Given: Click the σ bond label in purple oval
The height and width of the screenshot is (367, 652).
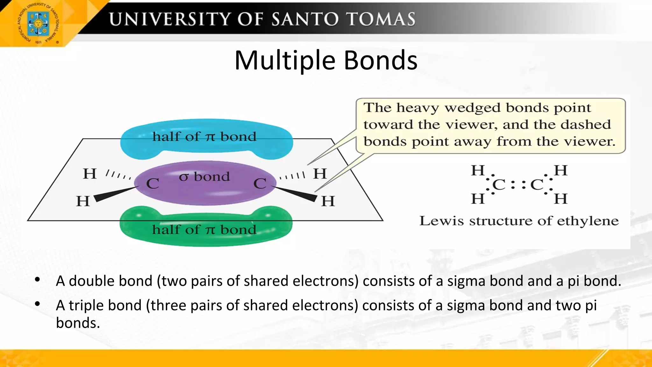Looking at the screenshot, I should [204, 176].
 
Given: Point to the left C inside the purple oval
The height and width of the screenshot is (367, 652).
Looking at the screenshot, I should [152, 184].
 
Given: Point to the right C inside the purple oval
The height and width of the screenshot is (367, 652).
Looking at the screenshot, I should [260, 184].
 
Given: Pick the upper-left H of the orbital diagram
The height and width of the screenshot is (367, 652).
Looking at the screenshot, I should [89, 174].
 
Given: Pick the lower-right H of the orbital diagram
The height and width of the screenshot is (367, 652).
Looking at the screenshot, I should [328, 201].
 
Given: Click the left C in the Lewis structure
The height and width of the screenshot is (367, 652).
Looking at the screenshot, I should [499, 185].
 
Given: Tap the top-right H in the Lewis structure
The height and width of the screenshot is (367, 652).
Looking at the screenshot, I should [561, 170].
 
